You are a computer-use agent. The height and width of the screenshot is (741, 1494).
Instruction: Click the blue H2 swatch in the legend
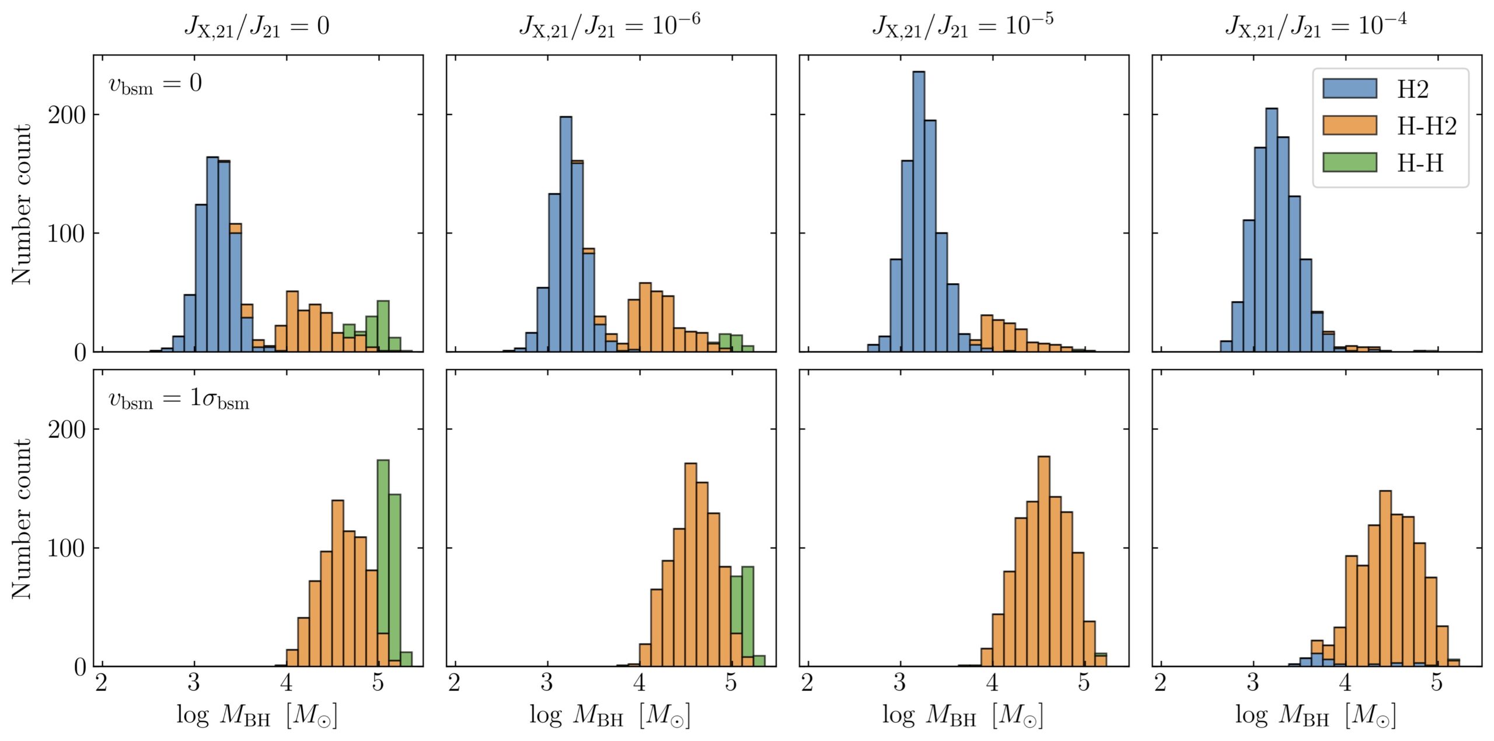pos(1349,89)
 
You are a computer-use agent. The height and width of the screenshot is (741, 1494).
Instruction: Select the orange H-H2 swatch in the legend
pos(1349,126)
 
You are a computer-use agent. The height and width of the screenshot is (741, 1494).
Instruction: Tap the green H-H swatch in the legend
pos(1349,162)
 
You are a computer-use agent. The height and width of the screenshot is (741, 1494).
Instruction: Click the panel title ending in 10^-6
pos(610,26)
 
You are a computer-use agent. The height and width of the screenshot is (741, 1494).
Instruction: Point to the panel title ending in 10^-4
pos(1315,26)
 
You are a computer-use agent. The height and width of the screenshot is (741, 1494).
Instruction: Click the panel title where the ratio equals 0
pos(257,27)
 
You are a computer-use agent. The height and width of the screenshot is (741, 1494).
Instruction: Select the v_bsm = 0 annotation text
pos(155,84)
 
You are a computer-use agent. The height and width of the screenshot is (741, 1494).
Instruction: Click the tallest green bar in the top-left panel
pos(383,324)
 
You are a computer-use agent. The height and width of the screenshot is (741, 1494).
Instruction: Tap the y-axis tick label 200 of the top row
pos(67,115)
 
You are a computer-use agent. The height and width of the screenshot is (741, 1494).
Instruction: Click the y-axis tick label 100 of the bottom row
pos(67,548)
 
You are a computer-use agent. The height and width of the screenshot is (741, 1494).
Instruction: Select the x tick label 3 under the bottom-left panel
pos(194,683)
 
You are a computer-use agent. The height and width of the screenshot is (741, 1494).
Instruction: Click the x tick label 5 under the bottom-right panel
pos(1437,683)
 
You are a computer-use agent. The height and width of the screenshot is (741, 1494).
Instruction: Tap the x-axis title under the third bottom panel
pos(963,715)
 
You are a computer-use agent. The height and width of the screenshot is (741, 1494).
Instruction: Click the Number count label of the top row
pos(22,204)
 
